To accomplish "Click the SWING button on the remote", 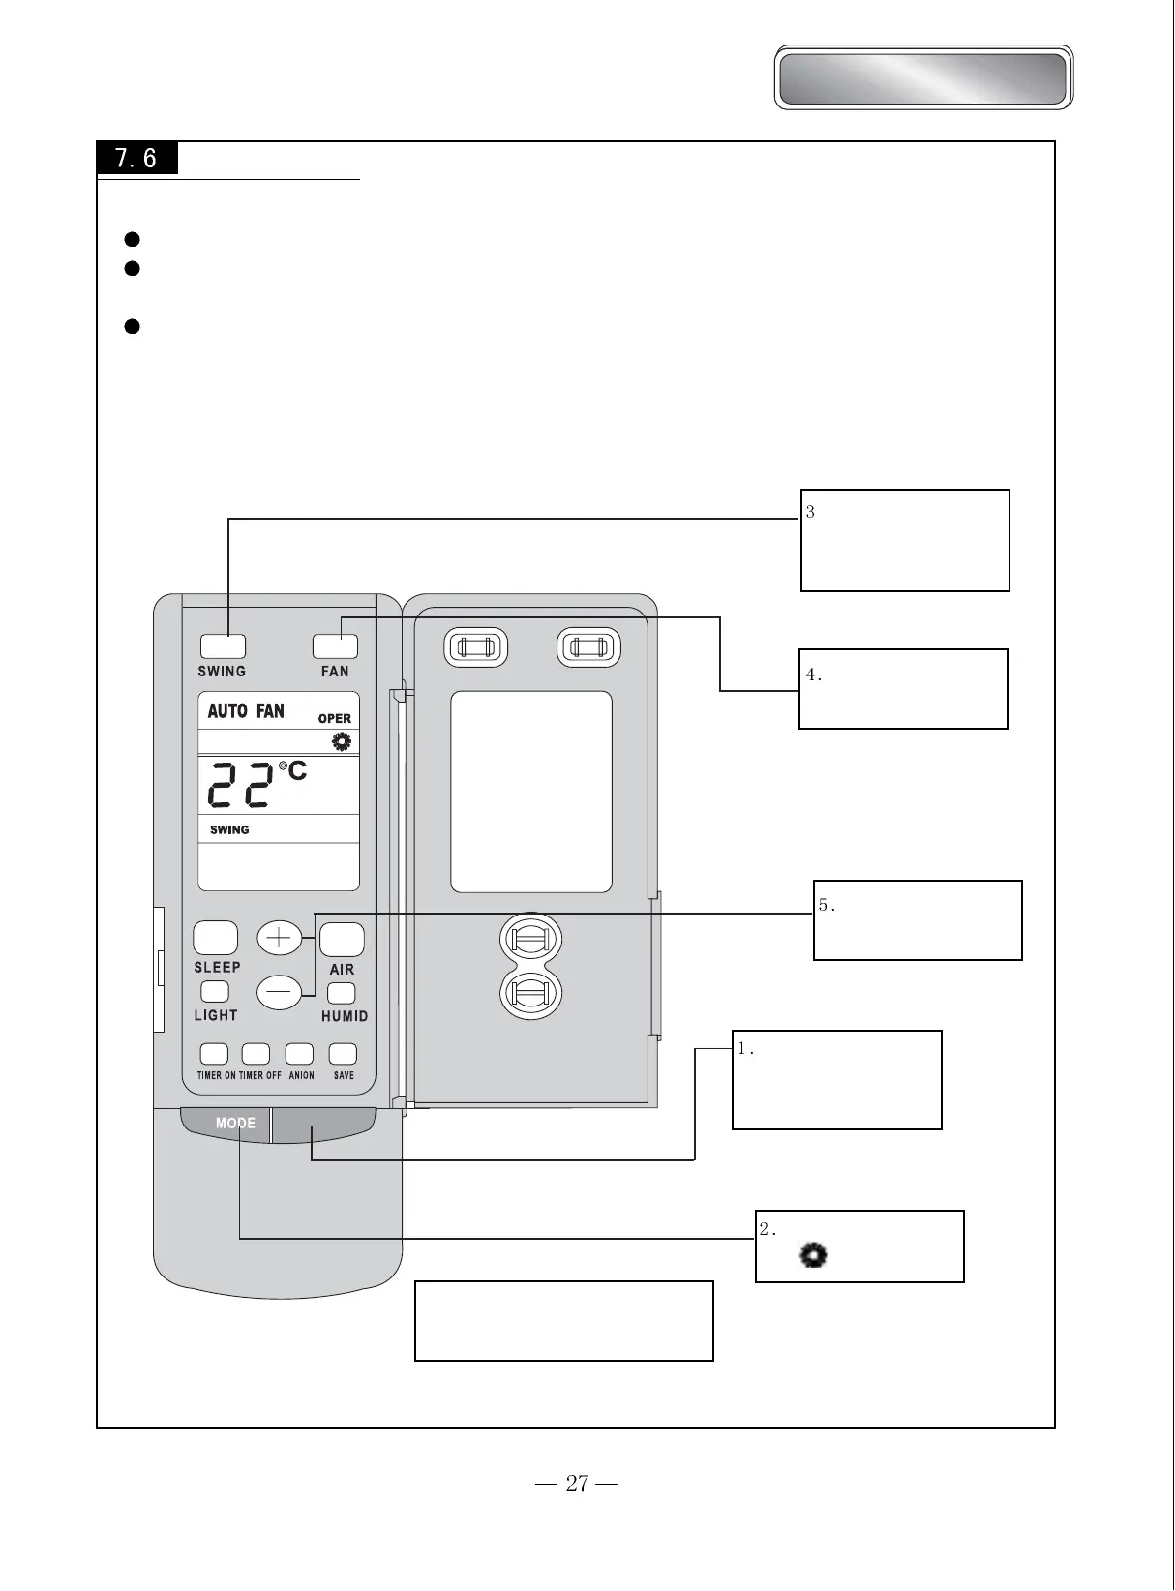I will pyautogui.click(x=223, y=646).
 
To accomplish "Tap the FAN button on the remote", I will pyautogui.click(x=335, y=646).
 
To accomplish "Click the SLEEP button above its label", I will pyautogui.click(x=215, y=938).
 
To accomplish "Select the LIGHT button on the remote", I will pyautogui.click(x=215, y=992).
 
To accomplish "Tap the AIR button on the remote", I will pyautogui.click(x=342, y=939).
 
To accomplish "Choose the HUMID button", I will pyautogui.click(x=342, y=994).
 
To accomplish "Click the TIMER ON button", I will pyautogui.click(x=214, y=1054).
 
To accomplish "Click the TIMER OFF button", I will pyautogui.click(x=256, y=1054).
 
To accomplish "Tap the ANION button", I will pyautogui.click(x=299, y=1054).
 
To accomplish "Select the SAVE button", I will pyautogui.click(x=343, y=1054).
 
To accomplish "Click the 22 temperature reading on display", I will pyautogui.click(x=241, y=785).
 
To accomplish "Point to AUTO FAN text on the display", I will pyautogui.click(x=246, y=711).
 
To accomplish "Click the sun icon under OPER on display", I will pyautogui.click(x=341, y=742).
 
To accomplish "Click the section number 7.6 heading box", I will pyautogui.click(x=136, y=158).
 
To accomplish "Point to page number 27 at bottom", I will pyautogui.click(x=577, y=1484).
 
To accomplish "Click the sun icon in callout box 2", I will pyautogui.click(x=813, y=1256).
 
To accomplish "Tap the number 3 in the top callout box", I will pyautogui.click(x=810, y=512).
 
